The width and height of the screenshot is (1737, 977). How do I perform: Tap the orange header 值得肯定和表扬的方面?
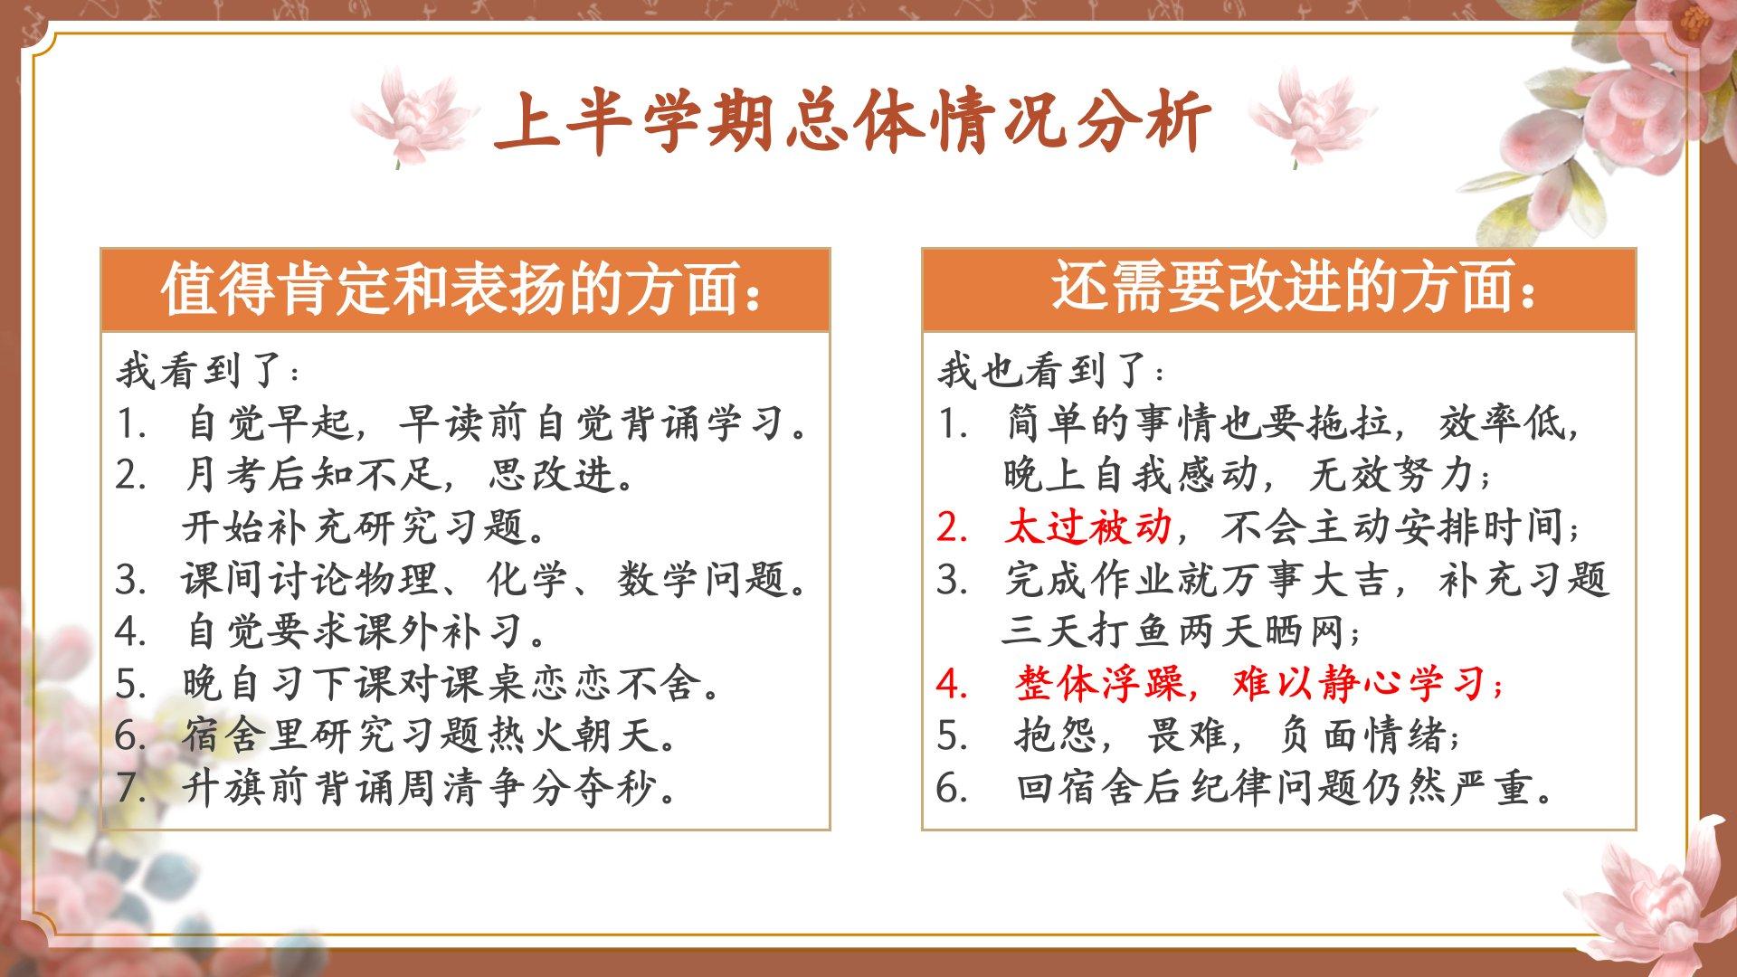[462, 289]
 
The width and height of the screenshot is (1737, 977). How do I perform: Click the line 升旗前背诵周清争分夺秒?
[429, 788]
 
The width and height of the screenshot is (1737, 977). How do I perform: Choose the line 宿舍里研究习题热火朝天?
[429, 735]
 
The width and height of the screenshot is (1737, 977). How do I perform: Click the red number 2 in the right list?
[952, 527]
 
